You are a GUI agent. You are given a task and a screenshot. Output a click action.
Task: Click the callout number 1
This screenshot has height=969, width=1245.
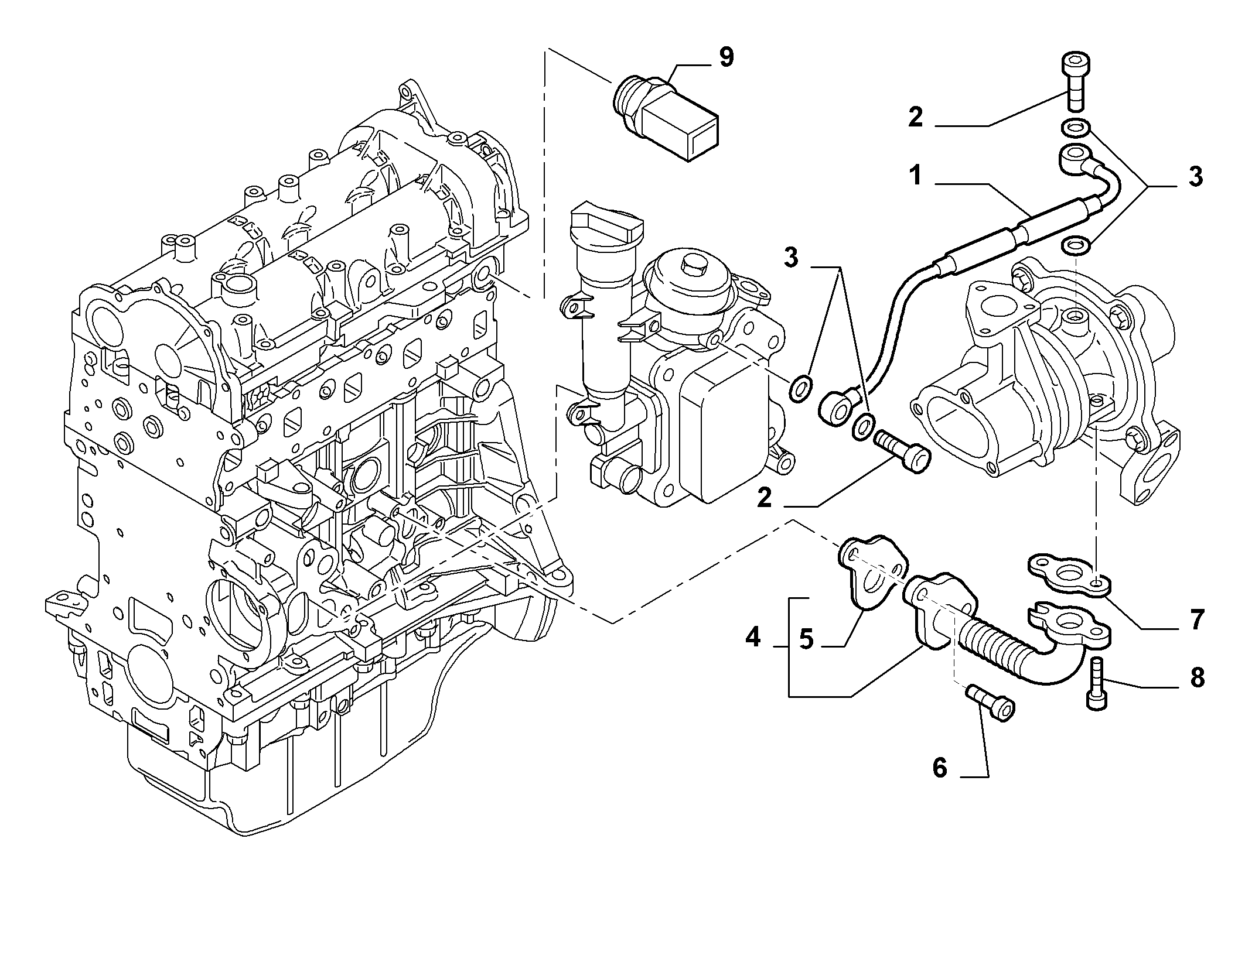coord(915,175)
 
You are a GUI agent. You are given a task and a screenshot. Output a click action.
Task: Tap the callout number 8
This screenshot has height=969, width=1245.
coord(1196,677)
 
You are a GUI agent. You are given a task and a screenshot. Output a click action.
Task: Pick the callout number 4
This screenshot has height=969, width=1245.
coord(752,636)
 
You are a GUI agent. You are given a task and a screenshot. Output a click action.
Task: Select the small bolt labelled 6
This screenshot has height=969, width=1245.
coord(990,703)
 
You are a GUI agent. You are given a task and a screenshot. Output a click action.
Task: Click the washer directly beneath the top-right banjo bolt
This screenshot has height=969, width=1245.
coord(1076,128)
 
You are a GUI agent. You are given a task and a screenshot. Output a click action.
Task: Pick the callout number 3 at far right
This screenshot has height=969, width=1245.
coord(1194,176)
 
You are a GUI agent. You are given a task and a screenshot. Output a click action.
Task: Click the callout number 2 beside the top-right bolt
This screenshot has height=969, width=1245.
coord(915,117)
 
